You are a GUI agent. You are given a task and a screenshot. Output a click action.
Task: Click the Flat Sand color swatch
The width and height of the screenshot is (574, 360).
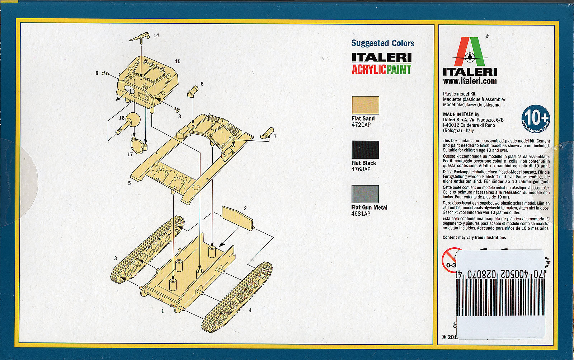(x=365, y=105)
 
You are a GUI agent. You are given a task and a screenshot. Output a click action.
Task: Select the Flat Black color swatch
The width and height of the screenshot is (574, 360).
(x=365, y=150)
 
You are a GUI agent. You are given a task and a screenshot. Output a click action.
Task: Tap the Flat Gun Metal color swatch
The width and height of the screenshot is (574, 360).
(x=365, y=194)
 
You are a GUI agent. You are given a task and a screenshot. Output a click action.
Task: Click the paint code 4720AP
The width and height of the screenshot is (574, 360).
(x=361, y=125)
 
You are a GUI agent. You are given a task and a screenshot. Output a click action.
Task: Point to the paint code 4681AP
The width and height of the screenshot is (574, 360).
(x=361, y=214)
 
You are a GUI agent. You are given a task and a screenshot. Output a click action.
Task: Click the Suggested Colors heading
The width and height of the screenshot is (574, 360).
(x=382, y=43)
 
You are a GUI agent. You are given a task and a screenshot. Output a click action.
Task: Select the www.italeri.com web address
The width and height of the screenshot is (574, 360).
(x=470, y=81)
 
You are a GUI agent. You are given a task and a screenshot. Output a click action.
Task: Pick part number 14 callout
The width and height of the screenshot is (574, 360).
(x=156, y=35)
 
